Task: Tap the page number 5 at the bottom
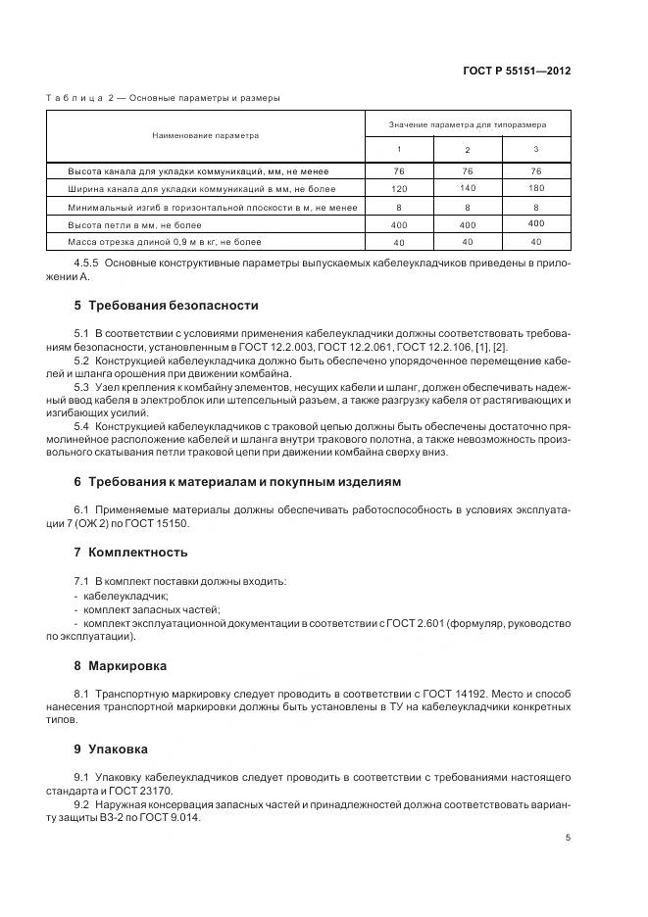click(568, 837)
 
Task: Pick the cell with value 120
click(398, 187)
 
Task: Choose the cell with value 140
click(467, 187)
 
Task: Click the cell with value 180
click(535, 187)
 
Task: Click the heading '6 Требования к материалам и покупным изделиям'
click(237, 481)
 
